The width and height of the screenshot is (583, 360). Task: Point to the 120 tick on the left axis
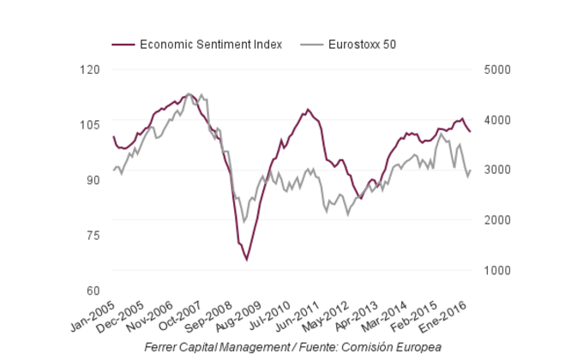point(89,69)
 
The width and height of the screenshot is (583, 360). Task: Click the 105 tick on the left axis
point(89,125)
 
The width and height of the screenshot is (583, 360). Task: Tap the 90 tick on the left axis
point(92,180)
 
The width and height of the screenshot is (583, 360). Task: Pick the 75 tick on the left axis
point(92,236)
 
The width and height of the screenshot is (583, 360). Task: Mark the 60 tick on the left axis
point(92,291)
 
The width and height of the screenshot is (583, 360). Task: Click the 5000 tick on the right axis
point(497,69)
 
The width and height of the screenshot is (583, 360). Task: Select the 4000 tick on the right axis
point(497,120)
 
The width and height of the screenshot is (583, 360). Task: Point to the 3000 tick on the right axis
point(497,170)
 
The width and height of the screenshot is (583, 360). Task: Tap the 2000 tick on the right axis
point(497,220)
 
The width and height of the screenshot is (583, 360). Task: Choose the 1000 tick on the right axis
point(497,270)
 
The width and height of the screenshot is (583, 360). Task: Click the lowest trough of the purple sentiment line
point(247,260)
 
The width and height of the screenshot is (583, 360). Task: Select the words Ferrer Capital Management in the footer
point(216,346)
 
